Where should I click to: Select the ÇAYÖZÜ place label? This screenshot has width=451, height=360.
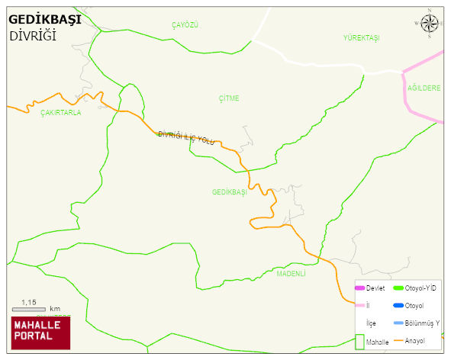185,25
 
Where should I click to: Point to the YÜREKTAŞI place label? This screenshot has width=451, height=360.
361,38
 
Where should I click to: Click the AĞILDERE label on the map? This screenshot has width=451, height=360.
424,88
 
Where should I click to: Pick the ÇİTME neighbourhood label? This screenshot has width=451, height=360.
228,98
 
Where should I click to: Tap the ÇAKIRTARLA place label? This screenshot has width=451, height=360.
60,112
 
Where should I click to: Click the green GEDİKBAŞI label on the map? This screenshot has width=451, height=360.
230,192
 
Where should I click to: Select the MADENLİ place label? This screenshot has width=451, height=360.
291,273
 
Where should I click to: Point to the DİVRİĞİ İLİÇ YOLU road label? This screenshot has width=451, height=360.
186,137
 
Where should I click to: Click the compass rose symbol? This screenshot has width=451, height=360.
430,24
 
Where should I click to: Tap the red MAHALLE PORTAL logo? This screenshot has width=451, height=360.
40,332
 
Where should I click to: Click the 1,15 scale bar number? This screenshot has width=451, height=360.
29,303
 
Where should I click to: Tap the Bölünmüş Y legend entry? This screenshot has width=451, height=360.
422,323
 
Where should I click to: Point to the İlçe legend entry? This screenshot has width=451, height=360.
371,323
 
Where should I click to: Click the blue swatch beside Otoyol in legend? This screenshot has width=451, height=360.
398,306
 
